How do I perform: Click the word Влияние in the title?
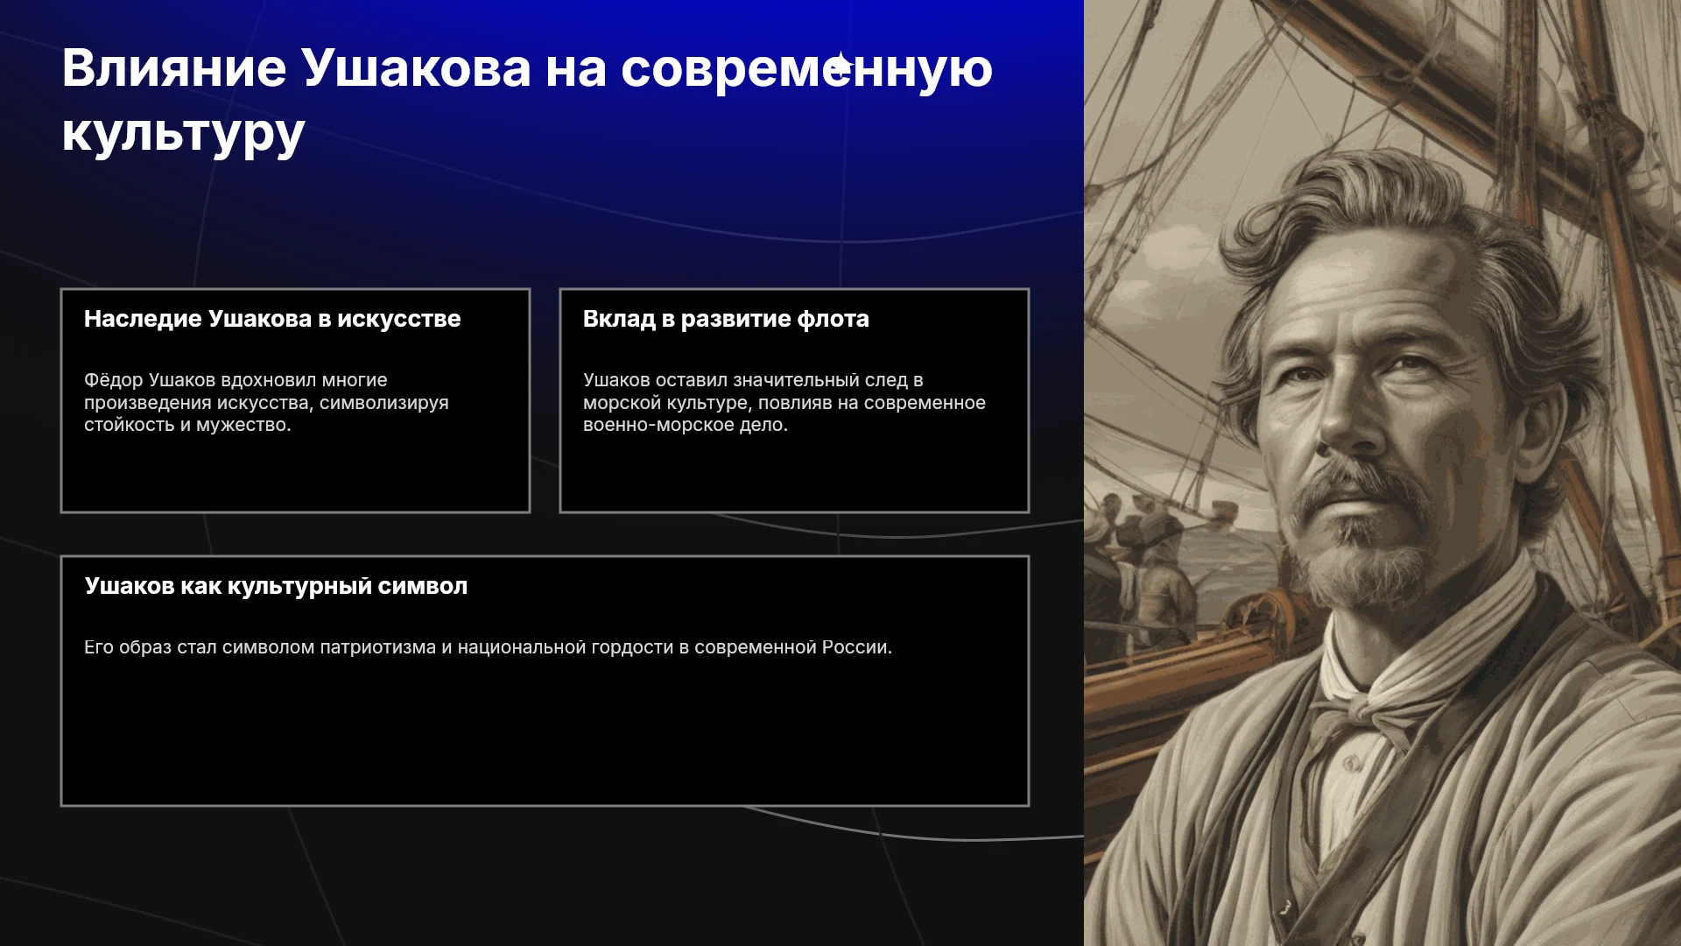pos(174,67)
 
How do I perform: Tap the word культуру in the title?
pos(183,133)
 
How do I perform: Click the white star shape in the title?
pos(840,66)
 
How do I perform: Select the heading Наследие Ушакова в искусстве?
pos(272,319)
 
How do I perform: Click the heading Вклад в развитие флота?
pos(726,319)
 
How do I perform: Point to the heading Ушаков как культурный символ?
pos(276,586)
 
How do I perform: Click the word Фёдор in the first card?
pos(114,380)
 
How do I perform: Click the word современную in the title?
pos(806,67)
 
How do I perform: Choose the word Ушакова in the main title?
pos(416,67)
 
